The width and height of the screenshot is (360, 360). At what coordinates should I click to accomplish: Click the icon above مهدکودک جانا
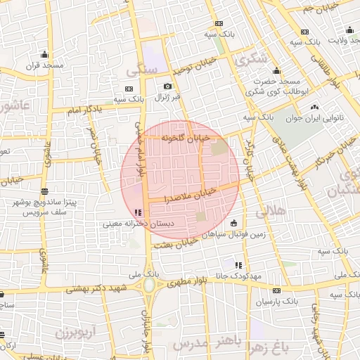coord(239,265)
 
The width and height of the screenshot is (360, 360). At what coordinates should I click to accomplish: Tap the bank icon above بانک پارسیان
coord(276,290)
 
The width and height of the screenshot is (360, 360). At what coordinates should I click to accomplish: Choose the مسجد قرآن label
coord(45,65)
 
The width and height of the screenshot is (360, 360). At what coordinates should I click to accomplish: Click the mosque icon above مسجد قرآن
coord(46,54)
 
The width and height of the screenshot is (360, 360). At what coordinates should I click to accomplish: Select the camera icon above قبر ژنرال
coord(167,86)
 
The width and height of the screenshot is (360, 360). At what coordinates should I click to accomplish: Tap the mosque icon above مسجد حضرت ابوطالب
coord(276,70)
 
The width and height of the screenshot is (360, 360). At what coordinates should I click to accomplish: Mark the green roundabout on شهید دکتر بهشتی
coord(149,286)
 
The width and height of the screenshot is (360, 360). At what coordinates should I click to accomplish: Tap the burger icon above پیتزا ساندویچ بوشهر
coord(45,191)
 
